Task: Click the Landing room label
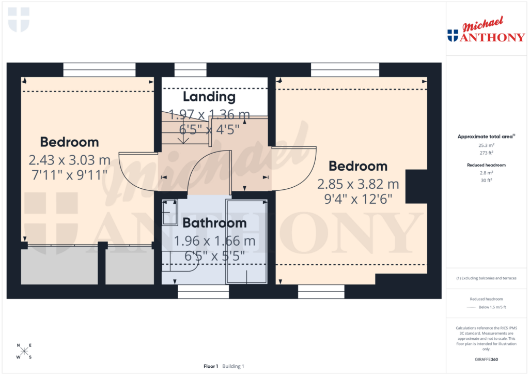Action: coord(209,97)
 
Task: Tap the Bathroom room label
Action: coord(214,223)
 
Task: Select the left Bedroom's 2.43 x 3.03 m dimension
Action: coord(69,159)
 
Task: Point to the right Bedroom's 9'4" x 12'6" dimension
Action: coord(358,199)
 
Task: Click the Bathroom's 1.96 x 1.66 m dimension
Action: coord(214,241)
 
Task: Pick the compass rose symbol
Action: coord(24,351)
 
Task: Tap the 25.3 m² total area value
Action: coord(485,146)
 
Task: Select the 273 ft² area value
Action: coord(485,153)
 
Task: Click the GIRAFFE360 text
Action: coord(485,359)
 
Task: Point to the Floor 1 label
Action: coord(211,366)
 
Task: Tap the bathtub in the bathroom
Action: coord(246,242)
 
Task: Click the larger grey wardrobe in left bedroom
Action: coord(59,265)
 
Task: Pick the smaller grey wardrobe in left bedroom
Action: coord(130,265)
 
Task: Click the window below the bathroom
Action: coord(203,292)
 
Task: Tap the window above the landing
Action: coord(190,70)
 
